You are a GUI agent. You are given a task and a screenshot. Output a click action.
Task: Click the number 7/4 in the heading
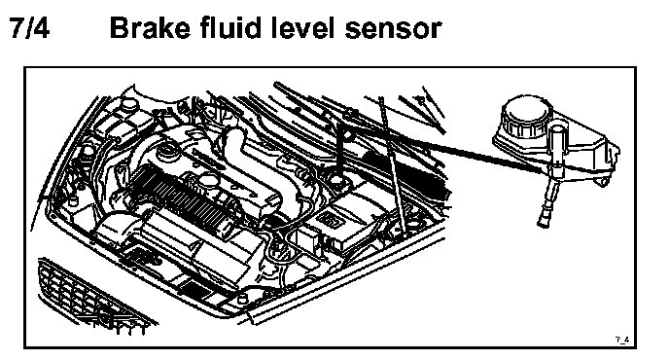coord(29,28)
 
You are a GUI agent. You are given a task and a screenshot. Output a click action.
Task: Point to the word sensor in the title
coord(393,30)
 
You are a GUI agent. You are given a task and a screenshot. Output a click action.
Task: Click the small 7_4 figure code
coord(622,340)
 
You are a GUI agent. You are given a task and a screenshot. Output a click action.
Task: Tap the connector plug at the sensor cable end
coord(544,219)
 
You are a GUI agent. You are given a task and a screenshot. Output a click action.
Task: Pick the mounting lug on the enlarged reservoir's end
coord(603,181)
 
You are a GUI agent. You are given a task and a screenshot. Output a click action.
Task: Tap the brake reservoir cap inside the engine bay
coord(337,178)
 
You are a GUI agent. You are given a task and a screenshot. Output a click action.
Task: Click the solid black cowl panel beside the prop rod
coord(422,176)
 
